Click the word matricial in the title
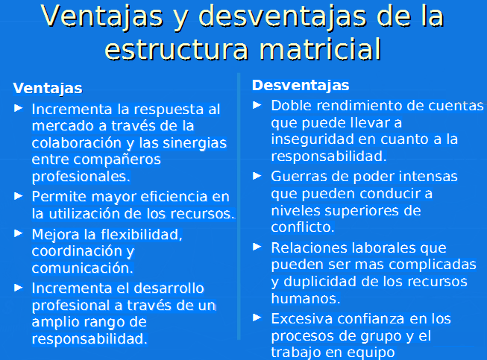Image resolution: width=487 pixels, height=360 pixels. [320, 50]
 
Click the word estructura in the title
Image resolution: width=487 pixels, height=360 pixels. [177, 50]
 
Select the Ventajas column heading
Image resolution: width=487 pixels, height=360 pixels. [48, 89]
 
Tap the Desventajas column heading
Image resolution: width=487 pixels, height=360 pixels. [301, 86]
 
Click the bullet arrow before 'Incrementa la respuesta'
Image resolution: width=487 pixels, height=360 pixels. [19, 108]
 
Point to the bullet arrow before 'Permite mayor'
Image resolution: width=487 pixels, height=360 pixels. [19, 196]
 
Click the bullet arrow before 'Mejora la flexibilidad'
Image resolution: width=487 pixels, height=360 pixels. [19, 233]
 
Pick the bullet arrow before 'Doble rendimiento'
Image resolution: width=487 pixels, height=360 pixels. [257, 105]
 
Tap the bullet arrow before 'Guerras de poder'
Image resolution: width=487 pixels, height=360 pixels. [257, 176]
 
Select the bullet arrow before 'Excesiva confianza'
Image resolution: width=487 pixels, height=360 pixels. [257, 318]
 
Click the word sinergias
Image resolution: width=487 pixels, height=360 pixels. [195, 143]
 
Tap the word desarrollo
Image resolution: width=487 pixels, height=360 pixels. [169, 288]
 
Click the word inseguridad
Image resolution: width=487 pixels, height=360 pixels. [312, 140]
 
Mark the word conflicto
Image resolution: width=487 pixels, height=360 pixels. [303, 227]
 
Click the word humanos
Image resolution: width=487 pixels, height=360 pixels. [306, 299]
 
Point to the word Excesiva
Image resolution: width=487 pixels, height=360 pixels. [301, 319]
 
